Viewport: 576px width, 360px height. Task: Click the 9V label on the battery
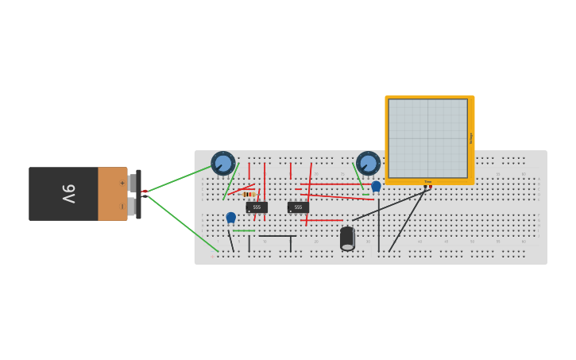68,193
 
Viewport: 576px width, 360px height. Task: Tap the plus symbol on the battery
122,183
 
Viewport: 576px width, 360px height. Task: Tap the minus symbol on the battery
122,207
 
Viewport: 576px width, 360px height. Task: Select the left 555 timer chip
257,207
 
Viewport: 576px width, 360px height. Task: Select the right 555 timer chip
298,207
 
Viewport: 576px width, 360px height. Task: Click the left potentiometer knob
223,163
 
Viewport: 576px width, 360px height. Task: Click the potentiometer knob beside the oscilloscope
368,163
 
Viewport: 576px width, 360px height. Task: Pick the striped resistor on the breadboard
248,194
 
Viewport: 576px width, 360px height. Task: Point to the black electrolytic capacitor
347,238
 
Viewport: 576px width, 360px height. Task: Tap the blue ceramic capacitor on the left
230,217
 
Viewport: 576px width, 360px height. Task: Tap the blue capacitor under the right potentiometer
376,186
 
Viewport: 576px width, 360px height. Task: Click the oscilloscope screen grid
427,137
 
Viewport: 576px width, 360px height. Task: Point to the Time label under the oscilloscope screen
428,182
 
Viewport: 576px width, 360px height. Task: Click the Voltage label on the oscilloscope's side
471,137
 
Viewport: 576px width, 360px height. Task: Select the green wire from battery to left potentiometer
180,180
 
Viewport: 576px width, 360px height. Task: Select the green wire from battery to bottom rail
183,223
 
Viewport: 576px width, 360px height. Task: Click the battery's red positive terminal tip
144,192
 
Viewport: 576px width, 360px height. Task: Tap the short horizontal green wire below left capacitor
244,230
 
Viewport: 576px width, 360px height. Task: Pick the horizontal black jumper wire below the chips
277,236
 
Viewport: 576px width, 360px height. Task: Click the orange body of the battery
112,194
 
